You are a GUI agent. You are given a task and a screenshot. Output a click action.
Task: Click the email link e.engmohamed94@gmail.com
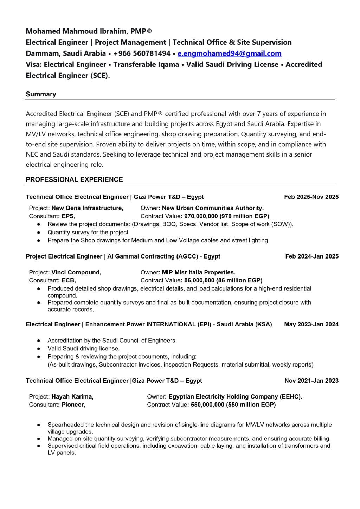click(229, 53)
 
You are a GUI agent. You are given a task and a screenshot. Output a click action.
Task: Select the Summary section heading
click(41, 94)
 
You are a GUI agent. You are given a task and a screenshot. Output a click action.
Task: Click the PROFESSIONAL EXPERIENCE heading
click(74, 179)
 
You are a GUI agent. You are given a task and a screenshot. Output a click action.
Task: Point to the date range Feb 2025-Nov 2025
click(311, 197)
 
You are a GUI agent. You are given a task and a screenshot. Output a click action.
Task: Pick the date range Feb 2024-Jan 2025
click(312, 256)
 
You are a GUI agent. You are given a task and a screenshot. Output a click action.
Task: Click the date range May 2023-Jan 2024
click(311, 324)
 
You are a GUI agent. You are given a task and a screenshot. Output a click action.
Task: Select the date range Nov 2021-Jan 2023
click(311, 381)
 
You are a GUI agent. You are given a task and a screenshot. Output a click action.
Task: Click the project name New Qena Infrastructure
click(87, 208)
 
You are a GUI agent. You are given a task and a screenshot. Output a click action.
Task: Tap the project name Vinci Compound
click(76, 272)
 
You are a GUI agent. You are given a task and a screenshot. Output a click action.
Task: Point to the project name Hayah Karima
click(72, 397)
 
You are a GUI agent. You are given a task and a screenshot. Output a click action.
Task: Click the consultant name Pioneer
click(73, 405)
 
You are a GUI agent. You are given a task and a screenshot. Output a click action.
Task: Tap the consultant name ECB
click(68, 280)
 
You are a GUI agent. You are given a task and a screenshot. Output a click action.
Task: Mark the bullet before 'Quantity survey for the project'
click(39, 233)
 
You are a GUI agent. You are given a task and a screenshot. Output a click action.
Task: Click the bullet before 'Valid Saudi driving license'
click(39, 349)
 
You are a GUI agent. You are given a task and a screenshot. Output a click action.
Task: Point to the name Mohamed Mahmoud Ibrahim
click(76, 31)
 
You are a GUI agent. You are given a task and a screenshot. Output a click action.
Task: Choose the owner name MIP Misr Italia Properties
click(198, 272)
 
